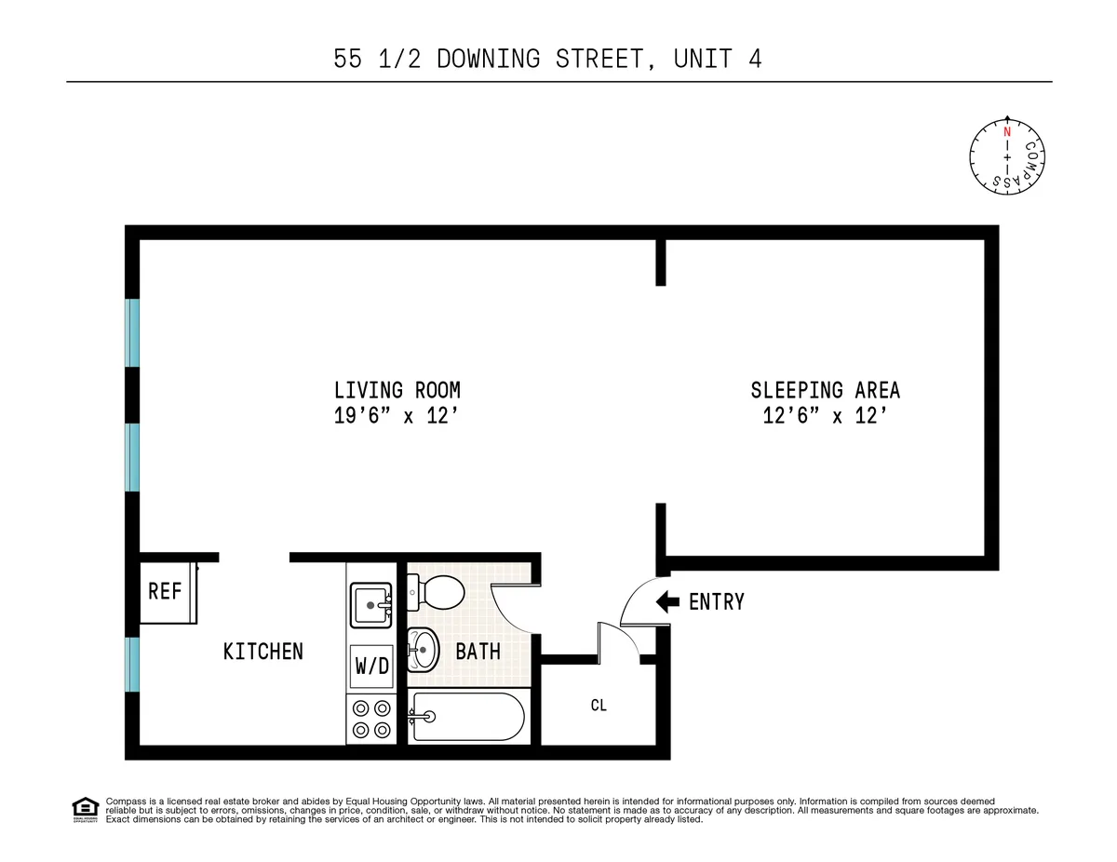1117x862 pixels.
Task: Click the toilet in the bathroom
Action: point(438,590)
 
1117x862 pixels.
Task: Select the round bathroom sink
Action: point(424,649)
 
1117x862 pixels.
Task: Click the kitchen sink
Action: point(371,605)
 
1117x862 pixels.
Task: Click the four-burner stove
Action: point(370,719)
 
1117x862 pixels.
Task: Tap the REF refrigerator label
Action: point(165,590)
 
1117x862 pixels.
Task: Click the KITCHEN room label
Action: point(262,651)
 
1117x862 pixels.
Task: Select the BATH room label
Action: point(478,652)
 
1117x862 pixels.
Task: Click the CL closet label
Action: point(599,706)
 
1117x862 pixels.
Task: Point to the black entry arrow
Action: point(667,601)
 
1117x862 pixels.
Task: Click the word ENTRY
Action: point(716,602)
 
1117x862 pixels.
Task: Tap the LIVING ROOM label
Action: point(397,390)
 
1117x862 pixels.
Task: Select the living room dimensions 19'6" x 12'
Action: point(397,417)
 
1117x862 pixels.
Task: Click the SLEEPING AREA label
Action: point(825,390)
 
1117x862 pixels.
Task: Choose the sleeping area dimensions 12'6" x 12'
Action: point(825,417)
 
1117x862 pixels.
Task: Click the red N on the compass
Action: point(1006,132)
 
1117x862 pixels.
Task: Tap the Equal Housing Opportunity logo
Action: point(85,810)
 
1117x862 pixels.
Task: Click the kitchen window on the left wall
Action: point(133,664)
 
